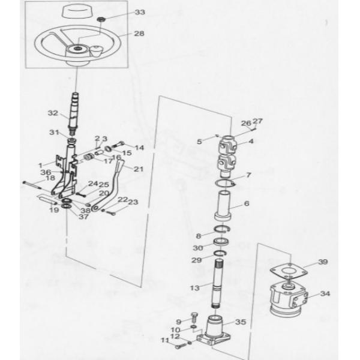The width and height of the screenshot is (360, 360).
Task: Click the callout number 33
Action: coord(140,12)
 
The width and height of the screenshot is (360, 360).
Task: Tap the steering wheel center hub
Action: coord(77,50)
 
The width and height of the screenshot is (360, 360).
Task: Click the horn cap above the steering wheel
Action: coord(76,11)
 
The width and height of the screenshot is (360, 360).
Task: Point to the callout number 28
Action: coord(139,34)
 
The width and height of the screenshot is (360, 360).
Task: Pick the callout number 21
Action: coord(139,169)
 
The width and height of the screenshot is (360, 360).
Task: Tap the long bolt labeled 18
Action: coord(32,185)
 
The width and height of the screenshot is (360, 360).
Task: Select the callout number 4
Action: coord(251,141)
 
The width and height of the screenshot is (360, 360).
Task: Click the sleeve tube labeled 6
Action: coord(223,205)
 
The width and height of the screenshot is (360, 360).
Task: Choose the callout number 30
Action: coord(197,248)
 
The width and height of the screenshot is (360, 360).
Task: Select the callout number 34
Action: coord(325,293)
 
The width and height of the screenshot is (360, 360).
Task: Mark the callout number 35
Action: coord(241,322)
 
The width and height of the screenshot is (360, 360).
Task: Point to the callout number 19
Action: coord(54,210)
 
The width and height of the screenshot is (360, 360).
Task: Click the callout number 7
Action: coord(248,175)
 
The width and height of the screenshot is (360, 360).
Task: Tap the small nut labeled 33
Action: coord(100,20)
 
